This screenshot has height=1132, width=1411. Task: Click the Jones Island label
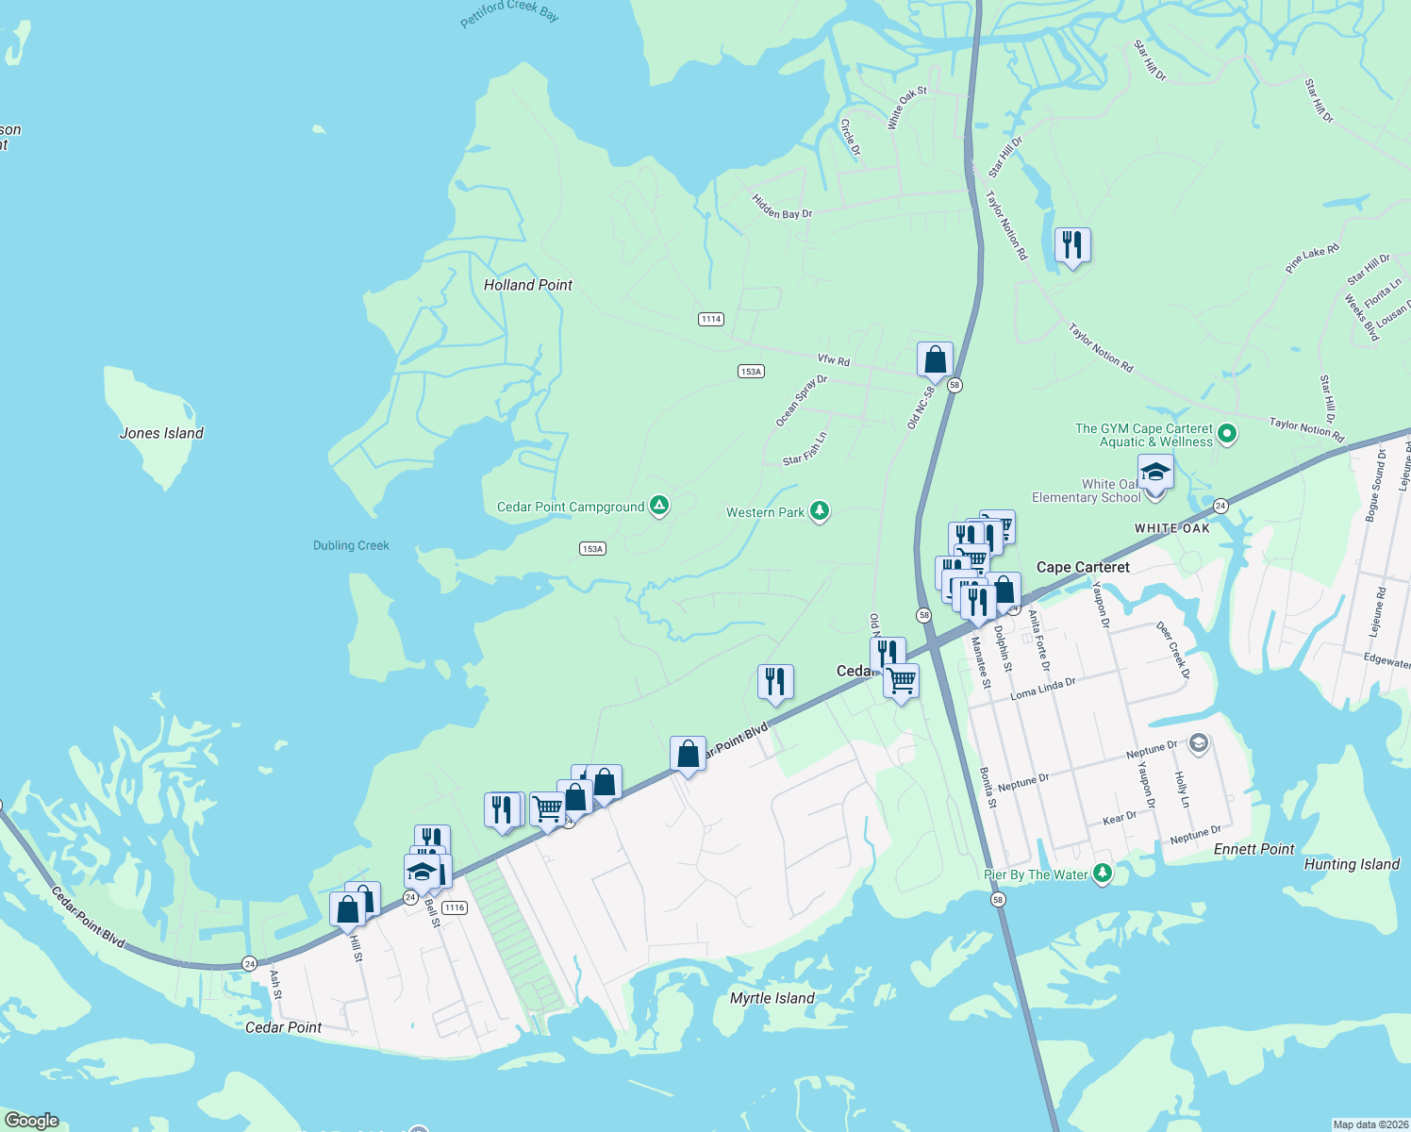coord(161,433)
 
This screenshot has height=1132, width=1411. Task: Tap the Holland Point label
coord(527,285)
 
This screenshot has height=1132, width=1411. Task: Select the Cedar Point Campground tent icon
coord(659,507)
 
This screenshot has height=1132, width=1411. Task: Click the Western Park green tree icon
coord(820,512)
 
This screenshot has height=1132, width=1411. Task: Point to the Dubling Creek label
coord(351,545)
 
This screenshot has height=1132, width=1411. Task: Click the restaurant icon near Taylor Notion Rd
coord(1071,246)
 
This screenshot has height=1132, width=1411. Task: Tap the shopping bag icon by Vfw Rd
coord(935,360)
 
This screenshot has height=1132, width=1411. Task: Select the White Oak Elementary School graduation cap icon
coord(1154,472)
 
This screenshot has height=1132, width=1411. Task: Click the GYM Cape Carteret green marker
coord(1227,435)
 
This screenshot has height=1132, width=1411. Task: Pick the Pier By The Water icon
coord(1101,874)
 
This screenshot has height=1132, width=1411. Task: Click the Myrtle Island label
coord(772,998)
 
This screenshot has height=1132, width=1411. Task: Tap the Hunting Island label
coord(1351,864)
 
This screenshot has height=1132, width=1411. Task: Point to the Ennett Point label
coord(1253,849)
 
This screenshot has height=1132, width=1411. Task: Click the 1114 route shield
coord(711,319)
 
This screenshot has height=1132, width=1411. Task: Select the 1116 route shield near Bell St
coord(455,907)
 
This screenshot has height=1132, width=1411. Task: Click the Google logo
coord(31,1121)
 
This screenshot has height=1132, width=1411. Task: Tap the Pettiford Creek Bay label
coord(509,13)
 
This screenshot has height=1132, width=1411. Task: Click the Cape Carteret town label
coord(1083,567)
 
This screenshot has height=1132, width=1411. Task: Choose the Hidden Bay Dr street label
coord(782,208)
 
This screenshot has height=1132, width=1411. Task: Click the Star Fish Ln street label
coord(805,449)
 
